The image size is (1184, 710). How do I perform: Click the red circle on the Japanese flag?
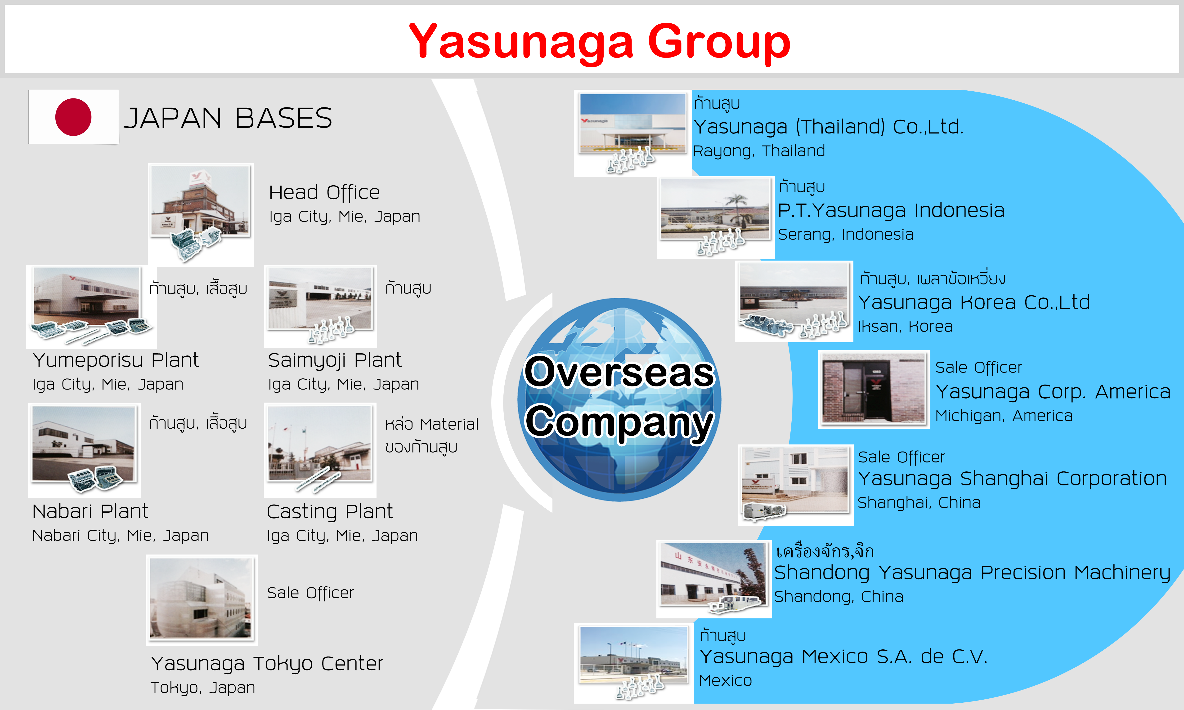(x=73, y=117)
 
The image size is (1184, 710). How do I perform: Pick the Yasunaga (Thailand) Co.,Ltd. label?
(x=828, y=127)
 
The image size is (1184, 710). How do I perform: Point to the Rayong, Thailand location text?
(x=759, y=151)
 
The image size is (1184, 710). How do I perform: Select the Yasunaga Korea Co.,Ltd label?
(x=974, y=302)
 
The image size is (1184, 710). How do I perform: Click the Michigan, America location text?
(x=1004, y=416)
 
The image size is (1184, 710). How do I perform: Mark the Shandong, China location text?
(x=839, y=597)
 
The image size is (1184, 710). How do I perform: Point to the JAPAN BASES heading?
(x=228, y=118)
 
